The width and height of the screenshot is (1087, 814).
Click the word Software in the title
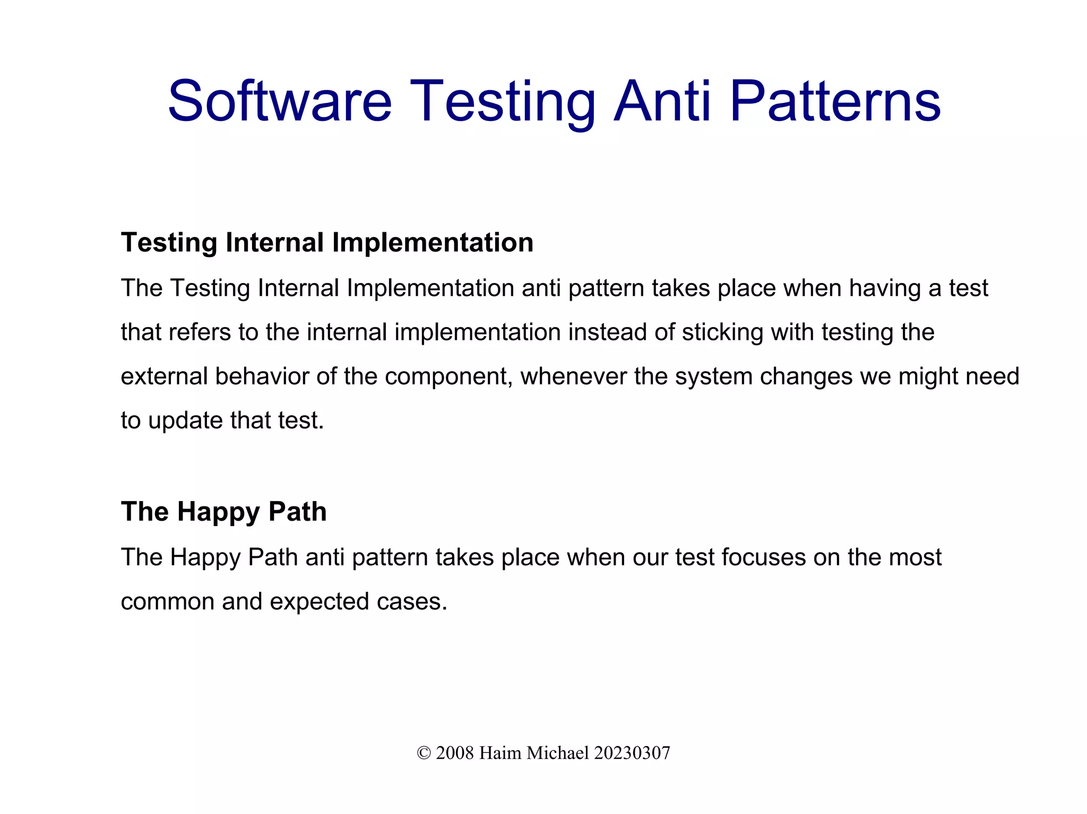280,101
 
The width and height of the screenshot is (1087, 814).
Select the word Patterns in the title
835,101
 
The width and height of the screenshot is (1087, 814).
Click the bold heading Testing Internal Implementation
327,242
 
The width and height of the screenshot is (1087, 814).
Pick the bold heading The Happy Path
223,512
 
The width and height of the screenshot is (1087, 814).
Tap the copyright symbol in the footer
424,753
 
